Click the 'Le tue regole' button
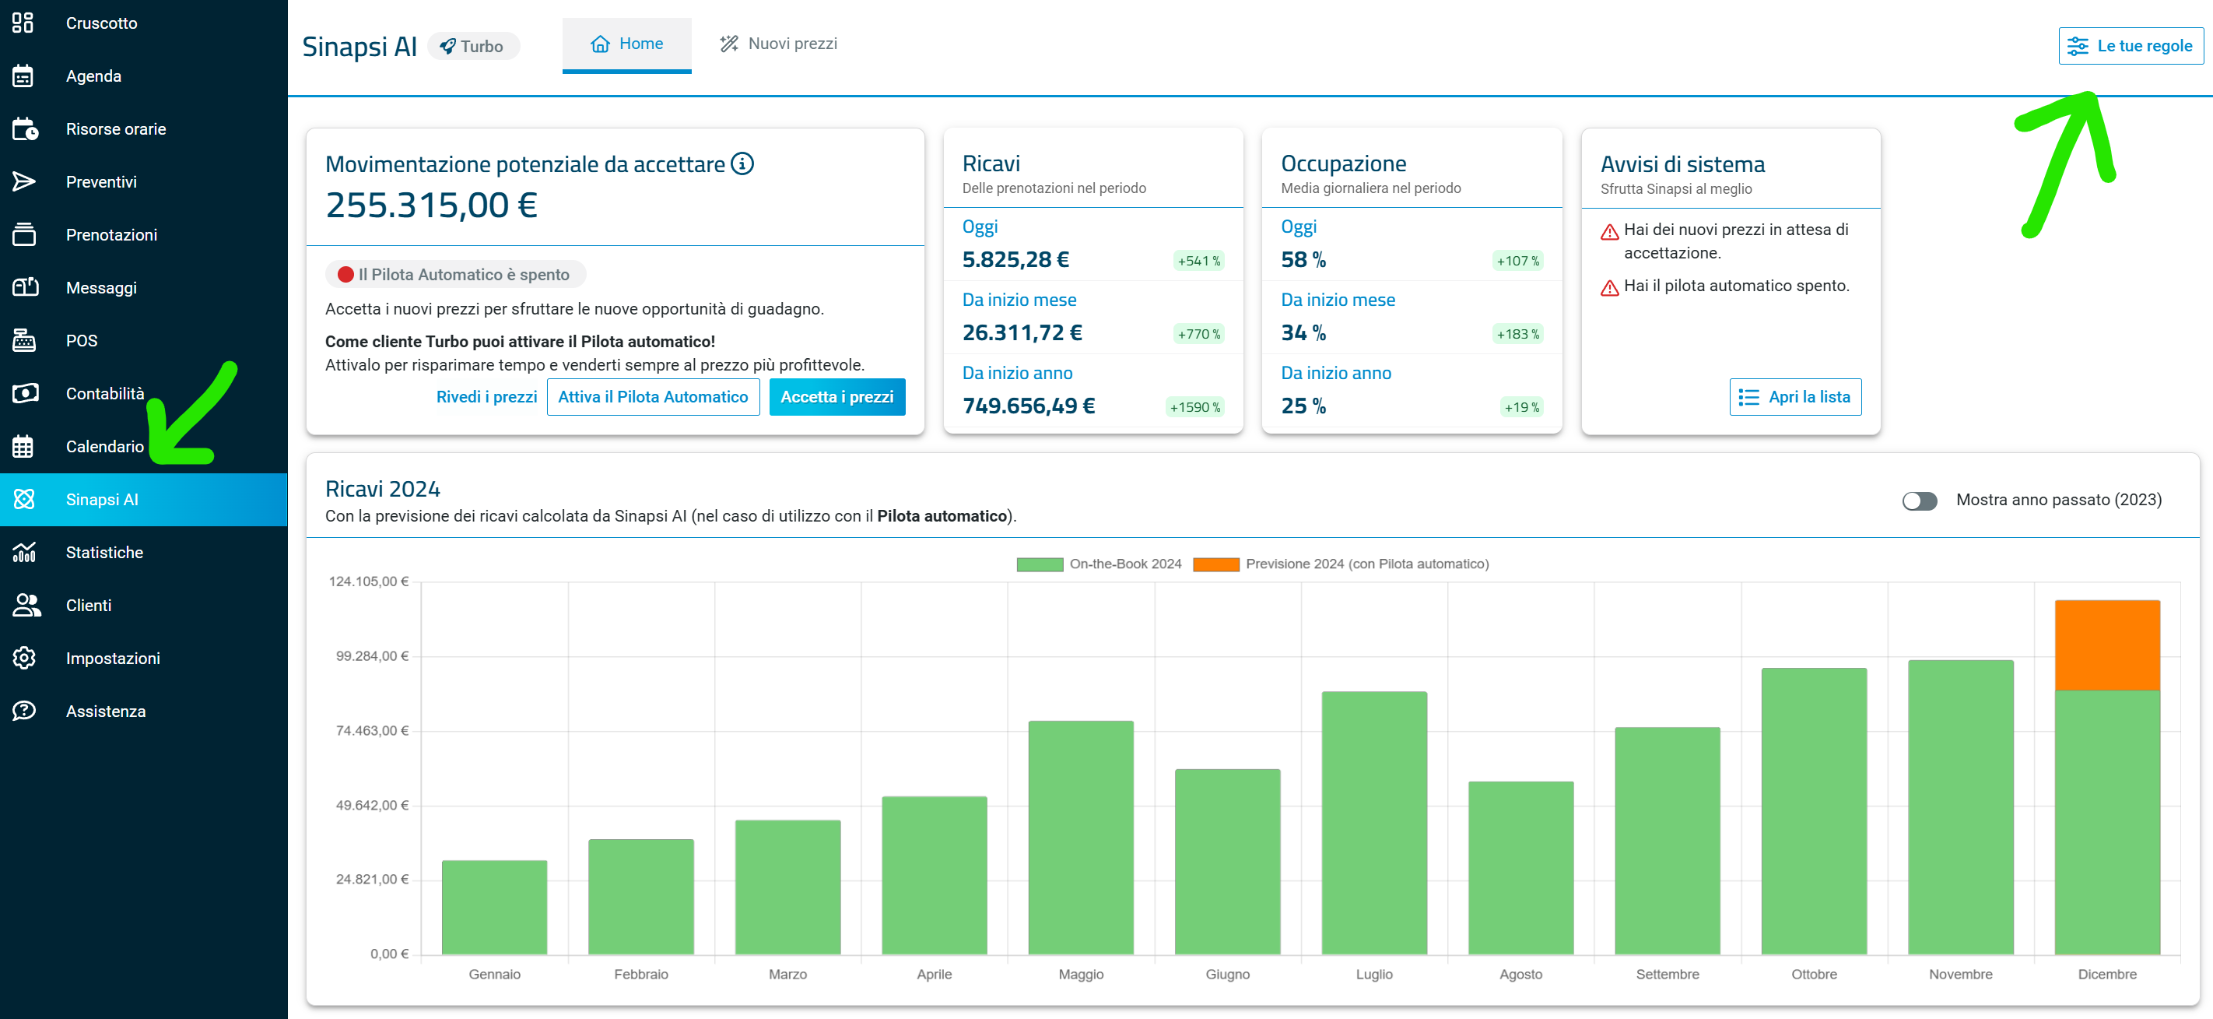point(2131,45)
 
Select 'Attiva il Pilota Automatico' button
point(653,397)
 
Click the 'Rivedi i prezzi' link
point(486,397)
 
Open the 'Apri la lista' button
point(1795,397)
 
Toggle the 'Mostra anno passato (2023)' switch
point(1919,501)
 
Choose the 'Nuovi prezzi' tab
point(778,44)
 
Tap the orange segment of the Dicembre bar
point(2106,645)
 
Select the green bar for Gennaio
point(494,908)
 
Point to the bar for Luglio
point(1373,823)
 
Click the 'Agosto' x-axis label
point(1520,975)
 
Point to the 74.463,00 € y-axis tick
point(372,730)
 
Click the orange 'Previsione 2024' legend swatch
point(1215,564)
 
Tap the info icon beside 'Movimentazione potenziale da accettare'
point(742,163)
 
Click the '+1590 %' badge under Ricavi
point(1195,407)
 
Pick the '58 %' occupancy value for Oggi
point(1303,259)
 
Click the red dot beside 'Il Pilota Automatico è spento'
point(346,275)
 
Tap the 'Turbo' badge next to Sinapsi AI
point(472,47)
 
